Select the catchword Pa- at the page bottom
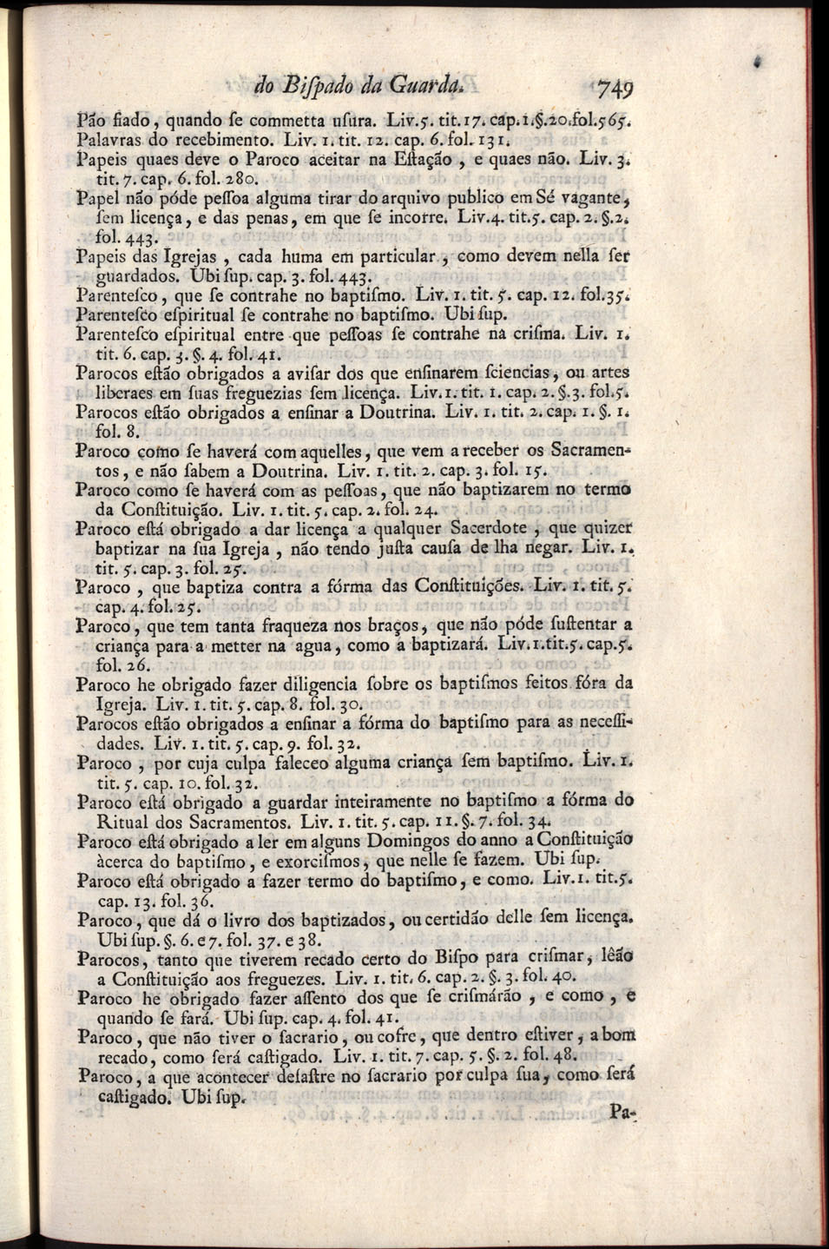(622, 1109)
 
